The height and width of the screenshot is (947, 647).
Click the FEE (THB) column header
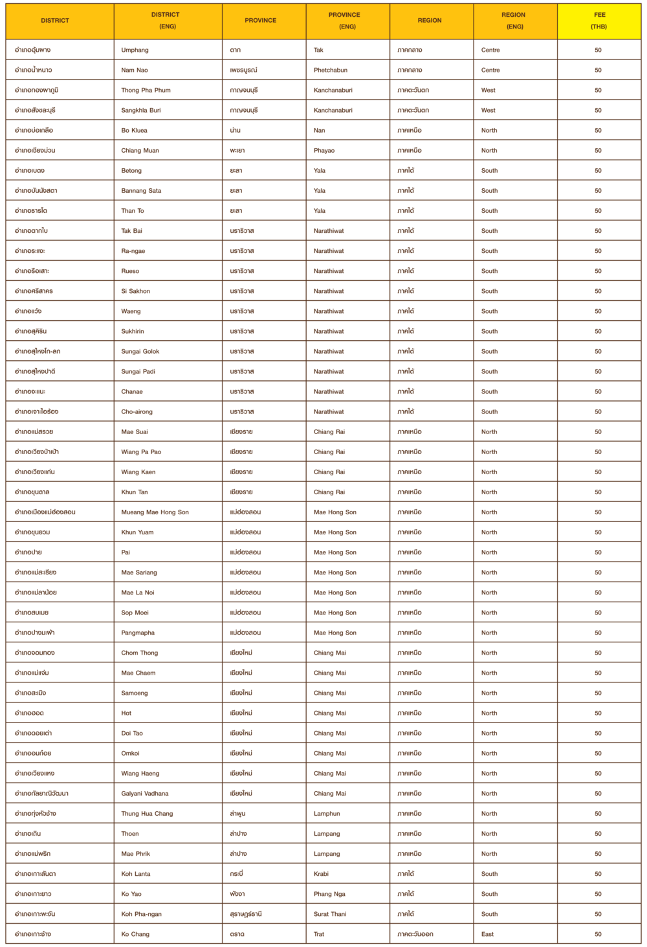pyautogui.click(x=599, y=21)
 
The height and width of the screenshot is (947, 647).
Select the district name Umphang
pyautogui.click(x=135, y=50)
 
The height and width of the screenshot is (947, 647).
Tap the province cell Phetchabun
pyautogui.click(x=331, y=70)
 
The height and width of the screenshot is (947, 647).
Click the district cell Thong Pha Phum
pyautogui.click(x=146, y=90)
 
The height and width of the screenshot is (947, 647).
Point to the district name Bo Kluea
pyautogui.click(x=134, y=130)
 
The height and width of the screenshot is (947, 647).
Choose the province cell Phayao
pyautogui.click(x=324, y=150)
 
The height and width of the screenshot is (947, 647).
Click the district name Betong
pyautogui.click(x=131, y=170)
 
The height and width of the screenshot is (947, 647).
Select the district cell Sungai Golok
pyautogui.click(x=140, y=351)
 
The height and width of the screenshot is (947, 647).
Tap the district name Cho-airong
pyautogui.click(x=137, y=411)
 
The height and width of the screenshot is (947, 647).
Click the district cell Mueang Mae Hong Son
pyautogui.click(x=155, y=512)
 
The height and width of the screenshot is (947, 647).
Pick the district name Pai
pyautogui.click(x=126, y=552)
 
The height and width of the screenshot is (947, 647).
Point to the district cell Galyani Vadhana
pyautogui.click(x=145, y=793)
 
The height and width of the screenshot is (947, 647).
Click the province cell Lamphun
pyautogui.click(x=327, y=813)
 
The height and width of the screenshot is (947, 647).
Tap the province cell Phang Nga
pyautogui.click(x=329, y=893)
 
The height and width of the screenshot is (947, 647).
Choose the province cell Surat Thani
pyautogui.click(x=330, y=913)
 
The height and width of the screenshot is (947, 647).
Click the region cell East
pyautogui.click(x=487, y=933)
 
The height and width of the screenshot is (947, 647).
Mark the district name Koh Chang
pyautogui.click(x=135, y=933)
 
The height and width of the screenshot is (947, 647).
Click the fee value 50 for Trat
pyautogui.click(x=598, y=933)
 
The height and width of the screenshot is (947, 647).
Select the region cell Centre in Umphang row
pyautogui.click(x=490, y=50)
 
